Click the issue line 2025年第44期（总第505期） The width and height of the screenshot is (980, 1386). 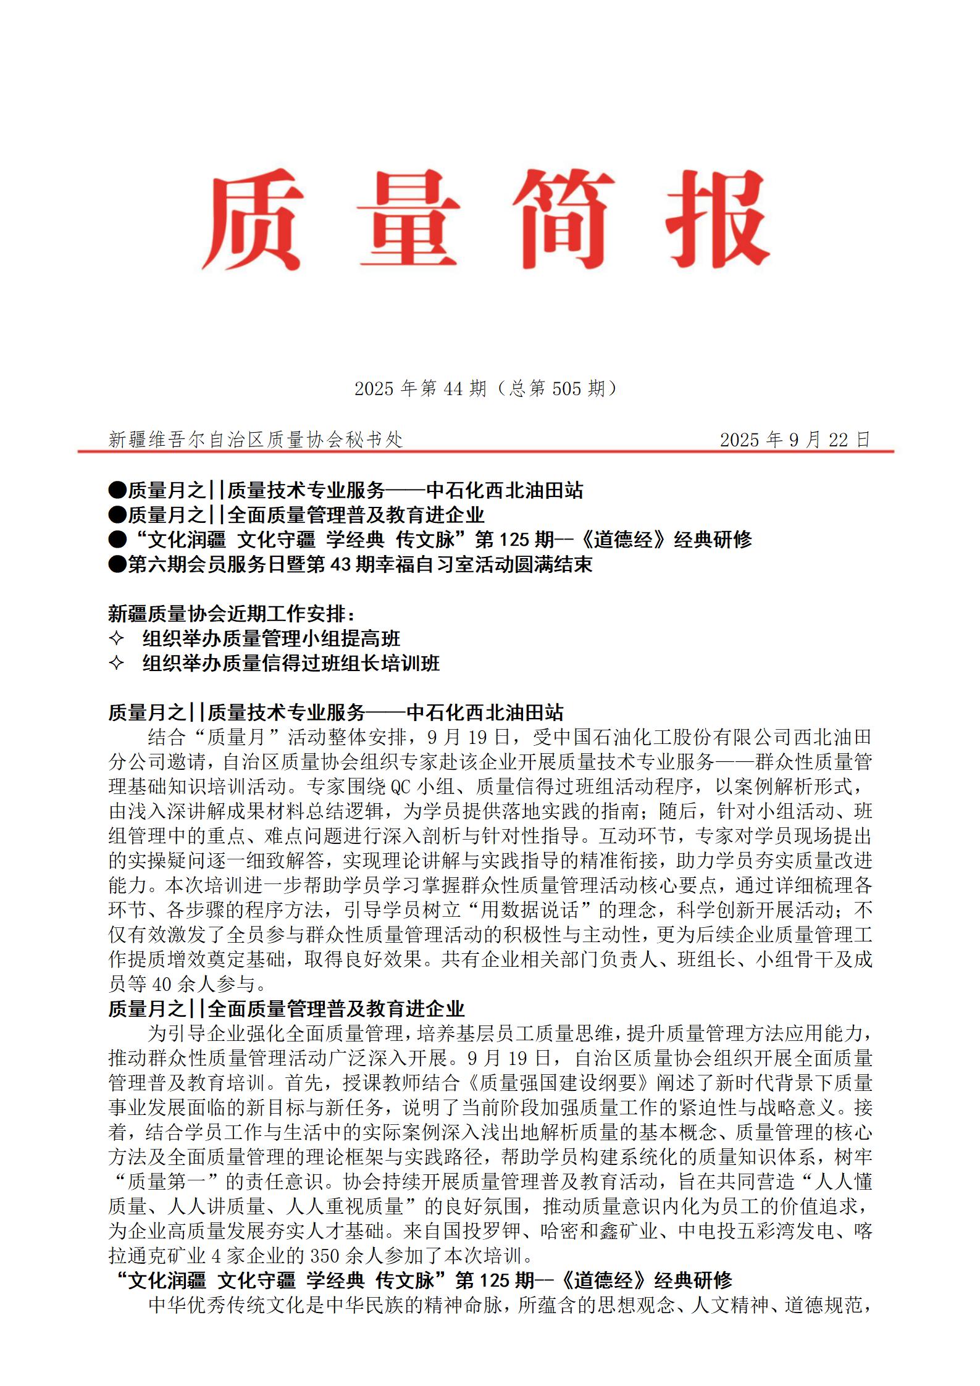486,388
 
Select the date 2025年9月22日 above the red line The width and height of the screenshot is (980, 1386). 795,440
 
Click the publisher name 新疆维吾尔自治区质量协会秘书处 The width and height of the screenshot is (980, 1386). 256,440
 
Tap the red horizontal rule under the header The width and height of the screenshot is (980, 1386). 486,451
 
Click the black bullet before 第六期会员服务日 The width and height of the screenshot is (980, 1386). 117,565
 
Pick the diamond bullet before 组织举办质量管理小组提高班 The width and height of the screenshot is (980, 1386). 116,638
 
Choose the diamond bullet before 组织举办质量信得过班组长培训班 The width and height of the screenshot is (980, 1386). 116,663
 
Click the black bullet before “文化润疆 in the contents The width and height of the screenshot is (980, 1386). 117,540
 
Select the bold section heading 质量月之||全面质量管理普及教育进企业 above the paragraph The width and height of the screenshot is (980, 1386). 287,1009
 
